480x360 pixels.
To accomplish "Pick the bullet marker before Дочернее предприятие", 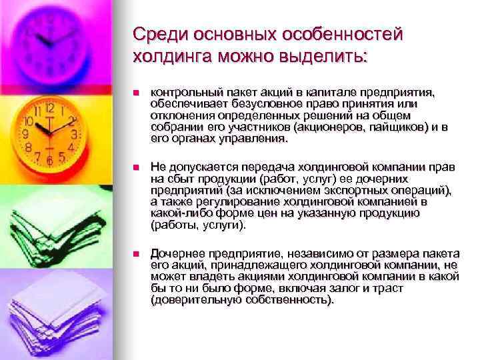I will point(135,255).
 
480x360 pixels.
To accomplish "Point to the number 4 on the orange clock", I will point(71,145).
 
